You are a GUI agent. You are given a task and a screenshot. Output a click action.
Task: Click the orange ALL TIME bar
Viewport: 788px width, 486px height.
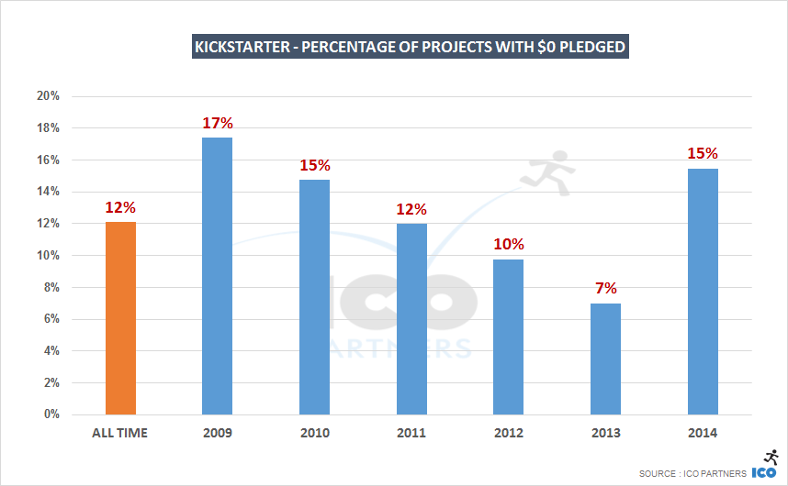click(120, 318)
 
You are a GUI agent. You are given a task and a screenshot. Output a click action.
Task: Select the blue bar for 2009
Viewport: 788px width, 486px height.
click(217, 276)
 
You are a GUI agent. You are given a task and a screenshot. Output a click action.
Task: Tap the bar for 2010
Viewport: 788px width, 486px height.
click(314, 297)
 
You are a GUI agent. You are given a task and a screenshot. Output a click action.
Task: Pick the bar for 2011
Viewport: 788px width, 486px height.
click(411, 319)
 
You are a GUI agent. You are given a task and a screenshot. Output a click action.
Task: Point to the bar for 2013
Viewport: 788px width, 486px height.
click(605, 359)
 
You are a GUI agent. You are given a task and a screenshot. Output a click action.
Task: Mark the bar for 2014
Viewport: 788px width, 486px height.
click(703, 292)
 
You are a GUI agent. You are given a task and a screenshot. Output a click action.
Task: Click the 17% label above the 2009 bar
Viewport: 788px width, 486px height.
click(217, 123)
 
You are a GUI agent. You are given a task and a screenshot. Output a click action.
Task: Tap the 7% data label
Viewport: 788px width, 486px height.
click(605, 288)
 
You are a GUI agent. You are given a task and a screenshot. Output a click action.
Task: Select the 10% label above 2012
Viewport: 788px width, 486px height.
click(508, 244)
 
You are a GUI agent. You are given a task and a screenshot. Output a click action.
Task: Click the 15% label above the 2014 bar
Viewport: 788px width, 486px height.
click(703, 153)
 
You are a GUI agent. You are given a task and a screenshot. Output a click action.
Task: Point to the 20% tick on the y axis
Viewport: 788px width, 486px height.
click(48, 96)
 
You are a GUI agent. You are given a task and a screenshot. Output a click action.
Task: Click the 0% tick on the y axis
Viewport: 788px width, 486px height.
click(51, 414)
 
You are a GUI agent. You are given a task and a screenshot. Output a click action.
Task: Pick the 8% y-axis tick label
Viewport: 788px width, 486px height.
click(51, 287)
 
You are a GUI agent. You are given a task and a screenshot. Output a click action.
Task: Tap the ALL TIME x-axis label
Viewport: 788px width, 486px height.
click(120, 433)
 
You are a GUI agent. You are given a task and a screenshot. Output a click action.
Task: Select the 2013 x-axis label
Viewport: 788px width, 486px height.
click(605, 433)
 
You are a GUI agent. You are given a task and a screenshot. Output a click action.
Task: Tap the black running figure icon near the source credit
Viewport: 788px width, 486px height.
click(771, 457)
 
